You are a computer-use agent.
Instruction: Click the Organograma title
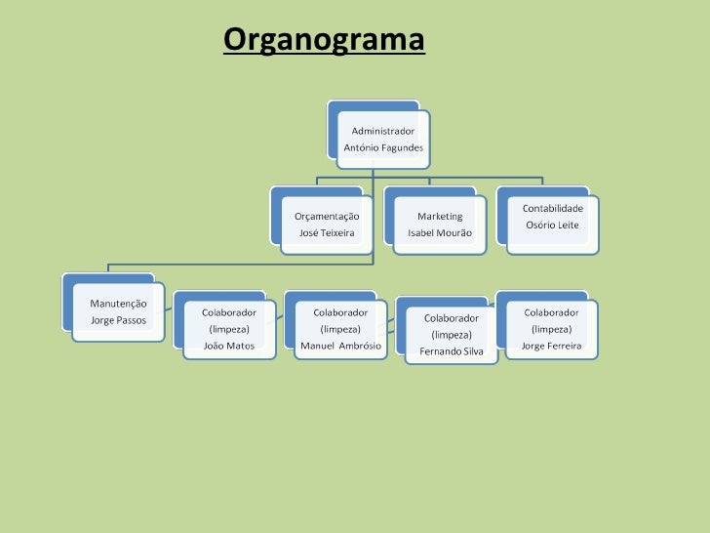coord(324,41)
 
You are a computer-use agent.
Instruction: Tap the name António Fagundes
coord(383,147)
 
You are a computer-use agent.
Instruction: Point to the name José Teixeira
coord(327,234)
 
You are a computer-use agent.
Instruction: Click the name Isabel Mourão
coord(440,234)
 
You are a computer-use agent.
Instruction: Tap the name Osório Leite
coord(552,225)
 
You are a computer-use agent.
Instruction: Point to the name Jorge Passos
coord(118,320)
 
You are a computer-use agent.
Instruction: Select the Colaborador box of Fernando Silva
coord(451,330)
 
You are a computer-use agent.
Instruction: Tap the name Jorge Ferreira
coord(551,347)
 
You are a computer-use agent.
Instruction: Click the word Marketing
coord(440,216)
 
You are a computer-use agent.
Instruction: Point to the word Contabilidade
coord(553,209)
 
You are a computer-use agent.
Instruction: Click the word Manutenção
coord(119,304)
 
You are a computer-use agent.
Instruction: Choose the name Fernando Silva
coord(451,351)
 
